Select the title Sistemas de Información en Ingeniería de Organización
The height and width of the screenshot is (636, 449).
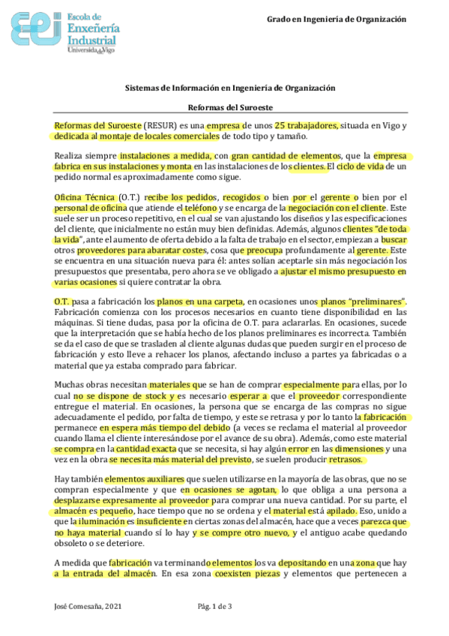tap(229, 88)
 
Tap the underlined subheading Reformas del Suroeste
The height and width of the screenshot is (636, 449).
tap(229, 108)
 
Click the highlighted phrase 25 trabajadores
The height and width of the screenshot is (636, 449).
tap(307, 124)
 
